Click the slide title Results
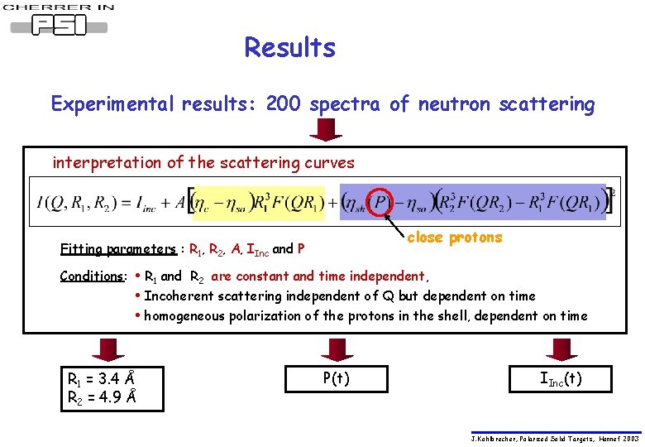pos(289,48)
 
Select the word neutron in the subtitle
pos(453,104)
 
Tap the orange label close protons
pos(454,238)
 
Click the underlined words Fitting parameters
pos(118,249)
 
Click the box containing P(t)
pos(335,379)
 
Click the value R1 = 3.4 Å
pos(102,379)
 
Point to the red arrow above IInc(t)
pos(558,349)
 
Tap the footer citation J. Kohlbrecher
pos(555,439)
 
